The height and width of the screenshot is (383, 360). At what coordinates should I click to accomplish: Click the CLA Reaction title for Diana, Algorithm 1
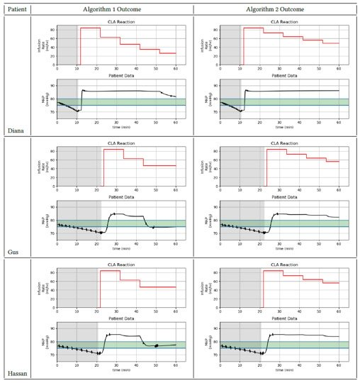(x=116, y=21)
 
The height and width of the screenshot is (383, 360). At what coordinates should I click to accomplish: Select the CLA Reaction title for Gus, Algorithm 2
(x=279, y=144)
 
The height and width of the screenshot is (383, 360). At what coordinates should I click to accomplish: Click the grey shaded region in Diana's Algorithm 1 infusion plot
(x=67, y=45)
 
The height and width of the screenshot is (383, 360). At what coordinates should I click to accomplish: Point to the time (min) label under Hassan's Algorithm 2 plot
(x=279, y=371)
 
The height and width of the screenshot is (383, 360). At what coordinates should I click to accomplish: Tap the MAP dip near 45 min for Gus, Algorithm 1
(x=147, y=225)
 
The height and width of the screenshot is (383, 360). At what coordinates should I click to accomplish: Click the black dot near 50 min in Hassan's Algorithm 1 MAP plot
(x=156, y=345)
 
